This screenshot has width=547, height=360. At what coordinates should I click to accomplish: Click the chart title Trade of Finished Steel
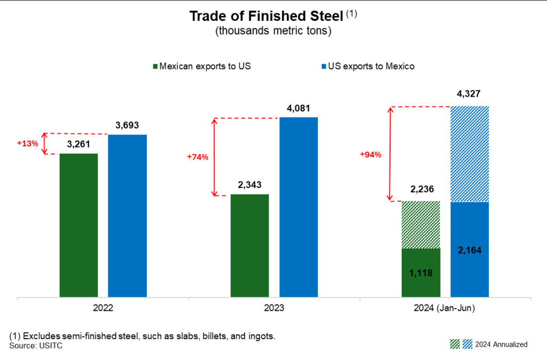[266, 17]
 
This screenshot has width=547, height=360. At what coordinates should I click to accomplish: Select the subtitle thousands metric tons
[273, 31]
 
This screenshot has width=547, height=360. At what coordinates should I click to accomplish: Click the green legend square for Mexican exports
[155, 67]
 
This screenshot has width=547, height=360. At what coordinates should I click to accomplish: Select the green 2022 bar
[79, 225]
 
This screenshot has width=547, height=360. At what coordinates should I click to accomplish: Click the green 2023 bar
[249, 245]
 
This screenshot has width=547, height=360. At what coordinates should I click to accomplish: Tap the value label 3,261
[79, 144]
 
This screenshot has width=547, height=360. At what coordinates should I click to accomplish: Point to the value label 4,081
[299, 108]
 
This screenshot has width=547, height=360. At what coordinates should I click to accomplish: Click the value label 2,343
[249, 185]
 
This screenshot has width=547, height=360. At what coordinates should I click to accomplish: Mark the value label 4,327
[469, 95]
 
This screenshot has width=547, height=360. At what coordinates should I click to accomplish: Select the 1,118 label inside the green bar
[420, 273]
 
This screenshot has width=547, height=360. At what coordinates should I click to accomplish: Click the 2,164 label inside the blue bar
[470, 249]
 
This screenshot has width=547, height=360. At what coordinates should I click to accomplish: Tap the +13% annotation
[27, 144]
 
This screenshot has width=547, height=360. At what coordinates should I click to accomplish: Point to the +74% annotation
[197, 157]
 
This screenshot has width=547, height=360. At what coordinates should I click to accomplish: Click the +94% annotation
[370, 154]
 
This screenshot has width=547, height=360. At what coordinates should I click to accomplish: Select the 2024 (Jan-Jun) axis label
[445, 309]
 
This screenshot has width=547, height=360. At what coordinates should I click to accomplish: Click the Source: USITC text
[32, 346]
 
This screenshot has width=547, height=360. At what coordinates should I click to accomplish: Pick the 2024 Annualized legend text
[501, 344]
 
